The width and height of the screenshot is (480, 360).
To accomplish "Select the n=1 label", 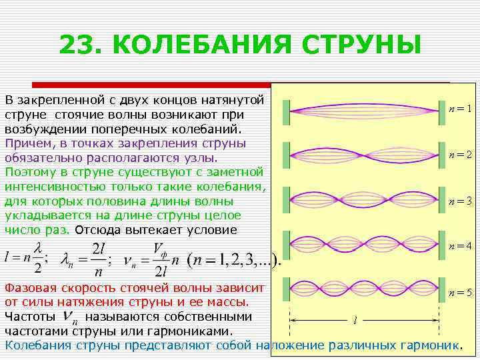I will (x=460, y=109).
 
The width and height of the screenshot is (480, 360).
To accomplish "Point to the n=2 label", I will (x=460, y=154).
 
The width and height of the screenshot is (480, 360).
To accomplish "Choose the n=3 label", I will (x=460, y=200).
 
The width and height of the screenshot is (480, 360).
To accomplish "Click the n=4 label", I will (x=460, y=245).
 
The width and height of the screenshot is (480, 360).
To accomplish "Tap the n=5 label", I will (x=460, y=292).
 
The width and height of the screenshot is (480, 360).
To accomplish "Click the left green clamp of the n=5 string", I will (x=286, y=289).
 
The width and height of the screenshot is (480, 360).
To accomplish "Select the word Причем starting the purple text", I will (x=25, y=143).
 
